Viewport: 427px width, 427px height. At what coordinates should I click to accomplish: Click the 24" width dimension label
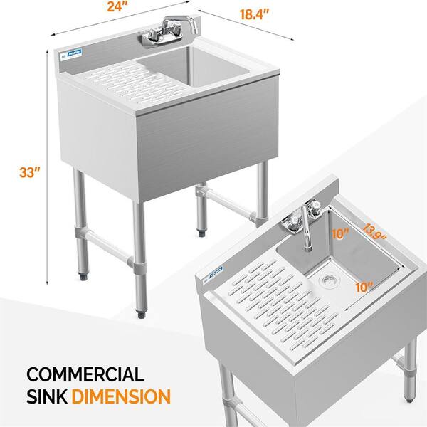[x=117, y=6]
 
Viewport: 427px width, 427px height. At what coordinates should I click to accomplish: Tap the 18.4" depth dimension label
[x=254, y=14]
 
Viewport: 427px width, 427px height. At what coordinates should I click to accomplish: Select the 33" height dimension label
[x=30, y=172]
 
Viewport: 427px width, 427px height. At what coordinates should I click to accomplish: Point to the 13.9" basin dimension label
[x=374, y=232]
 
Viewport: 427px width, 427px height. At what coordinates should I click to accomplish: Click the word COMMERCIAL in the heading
[x=85, y=374]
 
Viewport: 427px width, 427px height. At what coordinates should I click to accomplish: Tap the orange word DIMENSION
[x=121, y=396]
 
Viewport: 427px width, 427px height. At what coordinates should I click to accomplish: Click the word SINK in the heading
[x=47, y=396]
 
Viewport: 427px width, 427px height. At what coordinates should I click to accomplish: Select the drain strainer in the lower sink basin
[x=330, y=280]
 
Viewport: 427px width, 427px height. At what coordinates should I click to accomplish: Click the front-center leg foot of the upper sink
[x=141, y=315]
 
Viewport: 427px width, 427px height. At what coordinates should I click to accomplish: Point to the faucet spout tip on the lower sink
[x=308, y=248]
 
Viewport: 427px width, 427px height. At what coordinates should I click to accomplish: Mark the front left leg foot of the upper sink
[x=83, y=277]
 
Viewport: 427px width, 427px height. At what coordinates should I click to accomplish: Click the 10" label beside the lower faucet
[x=340, y=233]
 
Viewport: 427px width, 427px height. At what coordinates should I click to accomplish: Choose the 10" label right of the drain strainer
[x=364, y=287]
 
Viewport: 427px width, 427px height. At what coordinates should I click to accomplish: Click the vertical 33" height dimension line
[x=48, y=167]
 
